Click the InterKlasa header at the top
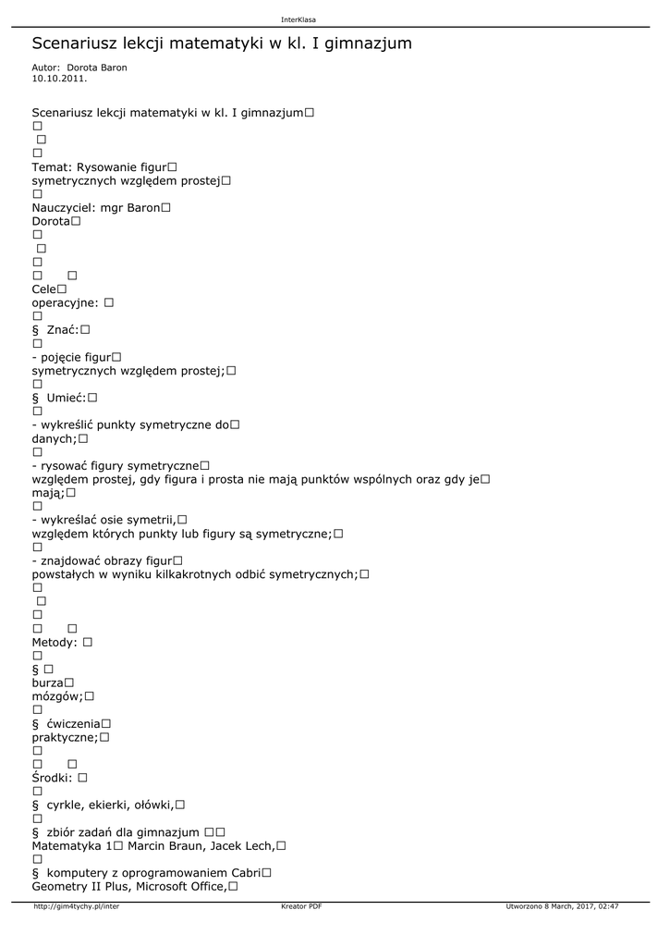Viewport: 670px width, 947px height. (298, 19)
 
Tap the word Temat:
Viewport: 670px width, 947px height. (52, 166)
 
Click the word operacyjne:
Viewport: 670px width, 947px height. (66, 302)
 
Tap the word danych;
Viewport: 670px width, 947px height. (55, 438)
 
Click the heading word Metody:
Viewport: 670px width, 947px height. (55, 642)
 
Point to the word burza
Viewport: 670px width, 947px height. (47, 683)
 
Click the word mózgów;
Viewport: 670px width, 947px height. (57, 696)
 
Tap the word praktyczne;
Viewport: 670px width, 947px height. (65, 737)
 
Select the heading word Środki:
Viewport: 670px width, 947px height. (53, 778)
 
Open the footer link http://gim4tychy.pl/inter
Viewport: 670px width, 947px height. (77, 906)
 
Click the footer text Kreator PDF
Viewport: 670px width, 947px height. (301, 906)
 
